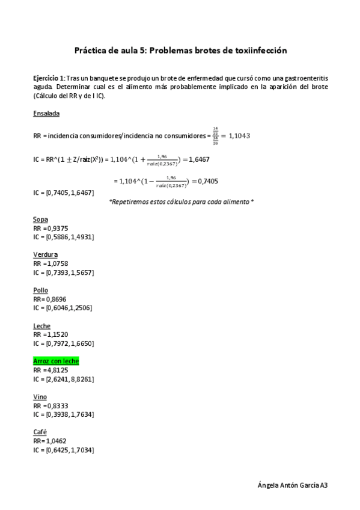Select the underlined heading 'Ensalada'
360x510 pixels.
[x=46, y=113]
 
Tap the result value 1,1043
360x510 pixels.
[x=236, y=136]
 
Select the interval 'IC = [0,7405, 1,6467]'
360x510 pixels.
[x=64, y=192]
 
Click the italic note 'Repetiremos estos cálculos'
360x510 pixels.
[x=181, y=202]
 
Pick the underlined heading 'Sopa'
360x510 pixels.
[x=41, y=220]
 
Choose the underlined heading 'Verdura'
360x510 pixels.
[x=46, y=254]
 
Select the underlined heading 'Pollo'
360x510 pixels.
[x=41, y=290]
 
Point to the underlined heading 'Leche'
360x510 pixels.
[x=43, y=325]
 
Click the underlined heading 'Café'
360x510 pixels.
[x=40, y=432]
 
